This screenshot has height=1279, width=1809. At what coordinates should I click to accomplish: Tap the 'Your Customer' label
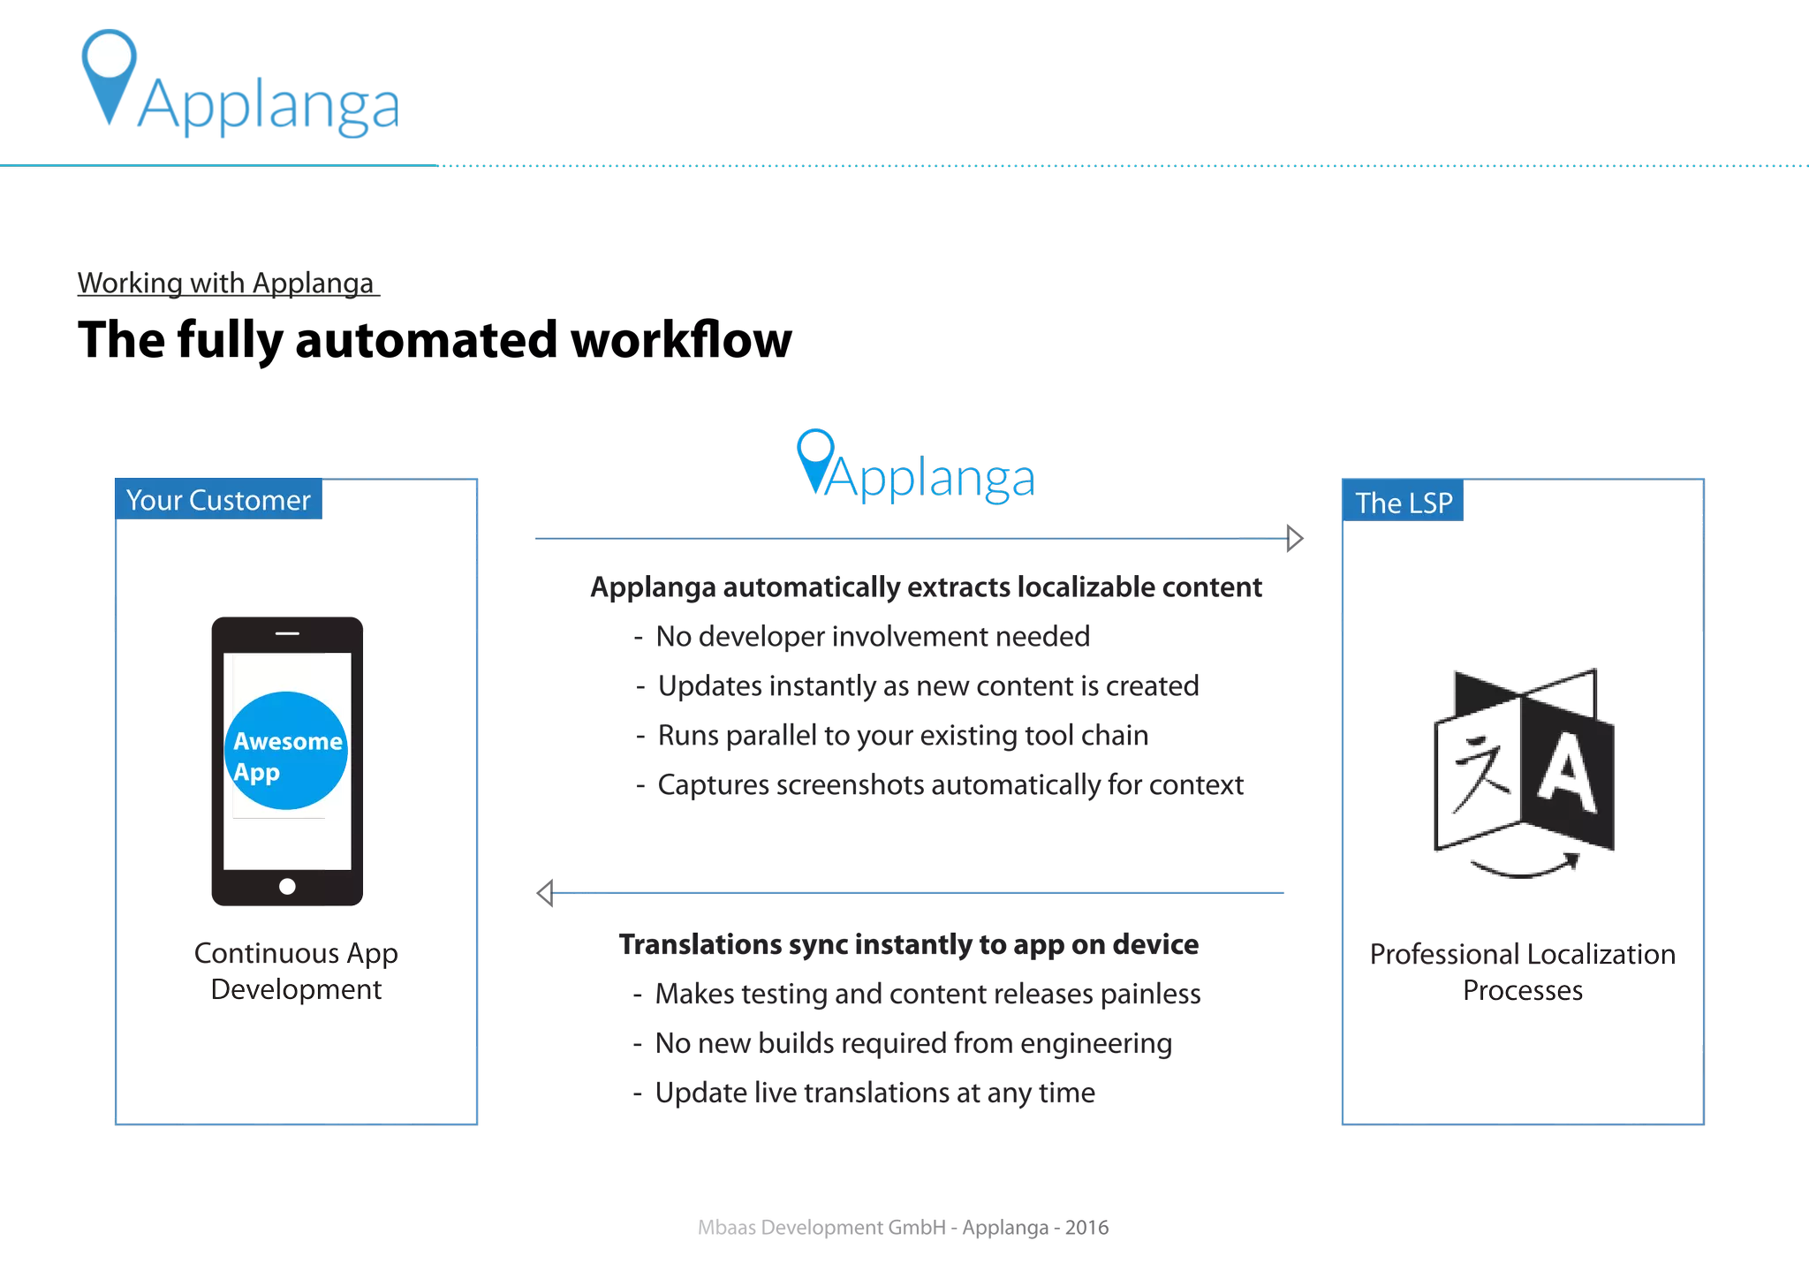pyautogui.click(x=218, y=500)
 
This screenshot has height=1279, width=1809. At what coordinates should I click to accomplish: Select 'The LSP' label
pyautogui.click(x=1404, y=503)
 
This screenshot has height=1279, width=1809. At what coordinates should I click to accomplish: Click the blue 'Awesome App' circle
pyautogui.click(x=286, y=751)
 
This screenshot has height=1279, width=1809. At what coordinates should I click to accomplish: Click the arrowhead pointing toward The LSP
pyautogui.click(x=1291, y=535)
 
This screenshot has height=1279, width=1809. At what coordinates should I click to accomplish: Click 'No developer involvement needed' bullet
pyautogui.click(x=873, y=637)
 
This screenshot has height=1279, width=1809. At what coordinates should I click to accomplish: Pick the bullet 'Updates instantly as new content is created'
pyautogui.click(x=927, y=686)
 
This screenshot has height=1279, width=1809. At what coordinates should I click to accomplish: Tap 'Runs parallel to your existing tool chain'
pyautogui.click(x=903, y=736)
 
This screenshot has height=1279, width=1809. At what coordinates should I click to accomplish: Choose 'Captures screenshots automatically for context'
pyautogui.click(x=950, y=785)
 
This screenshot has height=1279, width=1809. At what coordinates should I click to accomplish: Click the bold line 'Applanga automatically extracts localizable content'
pyautogui.click(x=926, y=587)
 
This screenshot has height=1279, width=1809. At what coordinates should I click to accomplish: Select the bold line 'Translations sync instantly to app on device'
pyautogui.click(x=908, y=944)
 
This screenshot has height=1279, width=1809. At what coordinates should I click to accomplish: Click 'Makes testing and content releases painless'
pyautogui.click(x=927, y=994)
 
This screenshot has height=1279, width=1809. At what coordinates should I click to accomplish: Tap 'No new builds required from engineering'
pyautogui.click(x=913, y=1043)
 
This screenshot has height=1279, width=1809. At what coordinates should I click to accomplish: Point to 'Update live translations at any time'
pyautogui.click(x=874, y=1093)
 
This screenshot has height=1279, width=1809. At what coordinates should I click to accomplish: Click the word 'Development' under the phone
pyautogui.click(x=297, y=989)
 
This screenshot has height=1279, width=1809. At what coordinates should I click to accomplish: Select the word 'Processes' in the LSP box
pyautogui.click(x=1522, y=990)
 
